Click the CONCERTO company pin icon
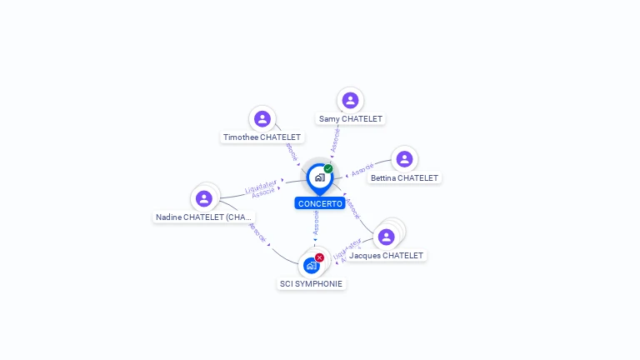pos(319,177)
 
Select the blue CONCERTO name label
pos(319,203)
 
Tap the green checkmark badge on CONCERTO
pos(328,168)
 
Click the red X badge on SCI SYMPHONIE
pos(319,257)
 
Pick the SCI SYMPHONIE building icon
pos(311,266)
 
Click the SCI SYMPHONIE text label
pos(311,283)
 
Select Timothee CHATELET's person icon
pos(262,119)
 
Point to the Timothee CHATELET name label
pos(262,137)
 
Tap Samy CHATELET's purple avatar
pos(350,100)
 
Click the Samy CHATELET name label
pos(350,118)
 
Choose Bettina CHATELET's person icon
pos(404,159)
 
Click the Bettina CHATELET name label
pos(404,177)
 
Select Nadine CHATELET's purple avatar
pos(204,198)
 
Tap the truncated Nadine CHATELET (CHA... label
pos(204,217)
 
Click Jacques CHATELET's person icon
pos(387,237)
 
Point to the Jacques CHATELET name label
pos(386,255)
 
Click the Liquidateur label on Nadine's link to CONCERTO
pos(261,184)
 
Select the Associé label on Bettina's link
pos(362,171)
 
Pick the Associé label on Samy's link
pos(335,139)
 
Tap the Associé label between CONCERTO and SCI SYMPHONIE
pos(317,222)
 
